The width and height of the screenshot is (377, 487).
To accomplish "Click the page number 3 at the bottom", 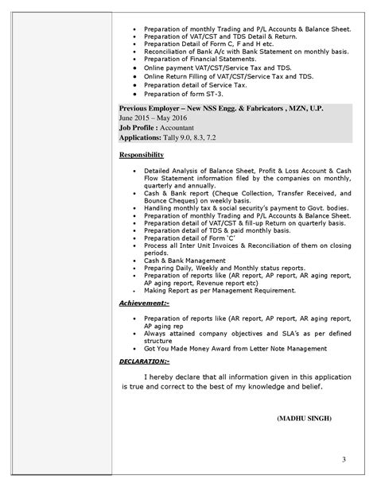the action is point(344,459).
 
